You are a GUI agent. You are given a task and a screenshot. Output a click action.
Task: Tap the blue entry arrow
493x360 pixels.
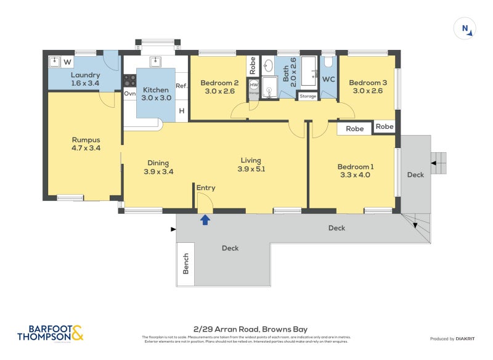(x=205, y=219)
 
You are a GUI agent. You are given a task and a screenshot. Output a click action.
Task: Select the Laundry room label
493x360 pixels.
(x=85, y=79)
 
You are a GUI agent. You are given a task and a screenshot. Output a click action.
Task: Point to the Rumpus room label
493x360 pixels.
(x=86, y=144)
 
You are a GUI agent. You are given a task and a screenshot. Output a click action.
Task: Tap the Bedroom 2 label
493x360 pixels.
(x=219, y=87)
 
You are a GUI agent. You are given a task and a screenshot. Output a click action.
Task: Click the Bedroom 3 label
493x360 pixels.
(x=368, y=87)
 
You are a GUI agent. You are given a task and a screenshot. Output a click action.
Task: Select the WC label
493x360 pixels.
(x=328, y=79)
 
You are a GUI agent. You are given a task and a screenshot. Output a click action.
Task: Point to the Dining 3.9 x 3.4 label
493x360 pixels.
(x=158, y=167)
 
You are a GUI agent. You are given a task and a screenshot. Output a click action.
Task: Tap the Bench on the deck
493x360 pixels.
(x=185, y=263)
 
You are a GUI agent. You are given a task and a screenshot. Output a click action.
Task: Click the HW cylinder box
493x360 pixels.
(x=254, y=84)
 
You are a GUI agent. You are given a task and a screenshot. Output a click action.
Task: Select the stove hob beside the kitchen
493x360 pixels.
(x=129, y=80)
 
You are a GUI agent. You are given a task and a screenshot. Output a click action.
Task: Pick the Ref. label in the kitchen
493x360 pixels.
(x=181, y=86)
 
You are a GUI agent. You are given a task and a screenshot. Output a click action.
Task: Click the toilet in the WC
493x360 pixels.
(x=328, y=62)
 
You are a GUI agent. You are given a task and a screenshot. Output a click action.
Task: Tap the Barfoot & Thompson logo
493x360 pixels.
(x=49, y=333)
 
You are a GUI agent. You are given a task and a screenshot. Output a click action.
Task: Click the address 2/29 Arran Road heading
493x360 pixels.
(x=246, y=329)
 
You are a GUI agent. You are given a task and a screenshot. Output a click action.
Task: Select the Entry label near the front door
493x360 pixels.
(x=206, y=187)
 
